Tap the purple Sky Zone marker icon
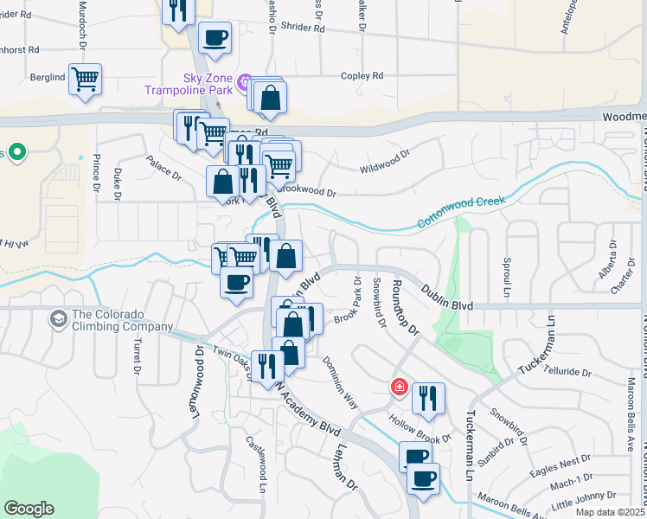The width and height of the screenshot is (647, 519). (245, 83)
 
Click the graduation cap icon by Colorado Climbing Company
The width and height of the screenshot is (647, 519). (58, 320)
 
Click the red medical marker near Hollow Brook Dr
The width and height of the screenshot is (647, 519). (399, 387)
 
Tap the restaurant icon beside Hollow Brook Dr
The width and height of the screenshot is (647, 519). (427, 399)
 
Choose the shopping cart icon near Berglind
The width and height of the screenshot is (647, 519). (85, 80)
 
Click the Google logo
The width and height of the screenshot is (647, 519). (29, 509)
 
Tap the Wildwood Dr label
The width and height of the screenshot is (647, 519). (384, 162)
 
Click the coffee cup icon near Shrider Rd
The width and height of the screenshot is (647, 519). (215, 38)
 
